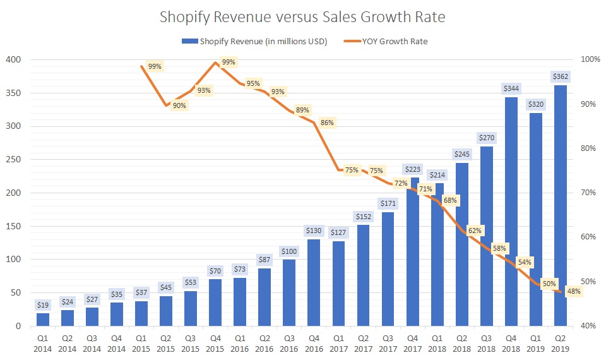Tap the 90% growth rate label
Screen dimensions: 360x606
[x=179, y=105]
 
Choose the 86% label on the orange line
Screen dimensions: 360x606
[x=327, y=123]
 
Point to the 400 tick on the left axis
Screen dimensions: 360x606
[x=14, y=59]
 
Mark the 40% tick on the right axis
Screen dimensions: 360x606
[x=590, y=326]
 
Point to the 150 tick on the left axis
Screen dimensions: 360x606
[x=14, y=226]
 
